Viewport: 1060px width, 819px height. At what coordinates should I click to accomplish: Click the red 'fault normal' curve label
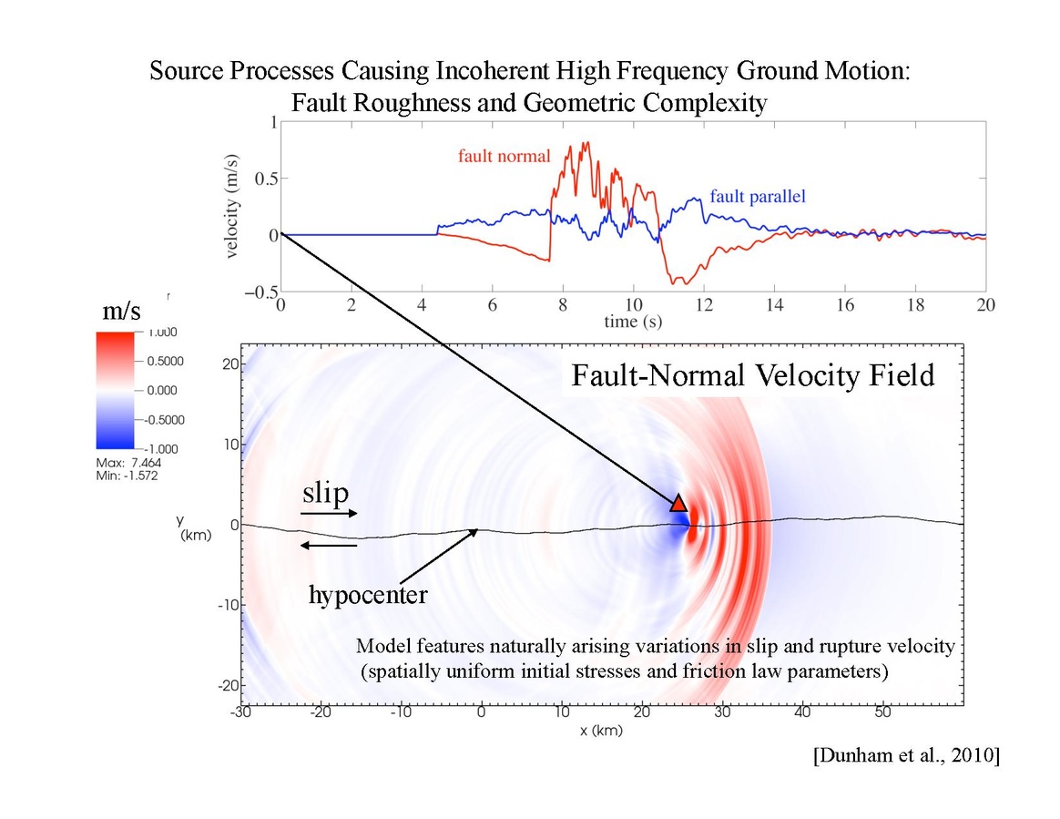504,156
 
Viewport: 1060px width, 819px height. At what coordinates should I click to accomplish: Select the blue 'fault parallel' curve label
758,196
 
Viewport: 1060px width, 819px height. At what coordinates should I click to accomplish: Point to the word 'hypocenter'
368,595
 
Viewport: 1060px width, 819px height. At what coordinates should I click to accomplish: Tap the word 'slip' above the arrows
325,494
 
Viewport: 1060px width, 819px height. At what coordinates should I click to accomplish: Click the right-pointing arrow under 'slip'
329,514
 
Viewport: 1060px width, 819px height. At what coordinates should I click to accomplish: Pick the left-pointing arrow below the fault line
329,545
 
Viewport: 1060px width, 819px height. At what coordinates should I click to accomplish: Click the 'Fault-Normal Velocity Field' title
752,375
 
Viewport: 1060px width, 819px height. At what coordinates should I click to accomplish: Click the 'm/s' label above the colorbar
121,312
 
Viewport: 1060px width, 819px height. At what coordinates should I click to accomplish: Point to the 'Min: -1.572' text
127,476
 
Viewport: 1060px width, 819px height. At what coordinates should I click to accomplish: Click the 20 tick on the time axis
985,306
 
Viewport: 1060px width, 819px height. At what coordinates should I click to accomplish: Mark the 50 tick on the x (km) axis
882,714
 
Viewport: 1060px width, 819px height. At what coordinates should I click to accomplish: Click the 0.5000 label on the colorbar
166,361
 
